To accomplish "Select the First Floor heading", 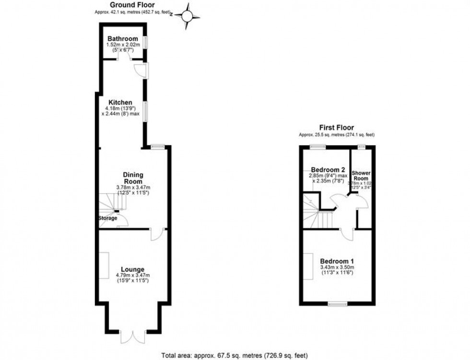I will click(x=337, y=128).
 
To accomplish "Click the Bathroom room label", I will click(x=123, y=39).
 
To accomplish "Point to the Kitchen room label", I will click(x=120, y=103).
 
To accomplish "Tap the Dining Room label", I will click(x=133, y=178).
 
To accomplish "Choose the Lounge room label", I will click(x=133, y=269).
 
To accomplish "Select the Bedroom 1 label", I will click(x=337, y=261).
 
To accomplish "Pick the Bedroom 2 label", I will click(x=328, y=170).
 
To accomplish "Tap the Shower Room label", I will click(x=362, y=175).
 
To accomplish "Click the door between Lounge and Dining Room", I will click(x=157, y=234).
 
